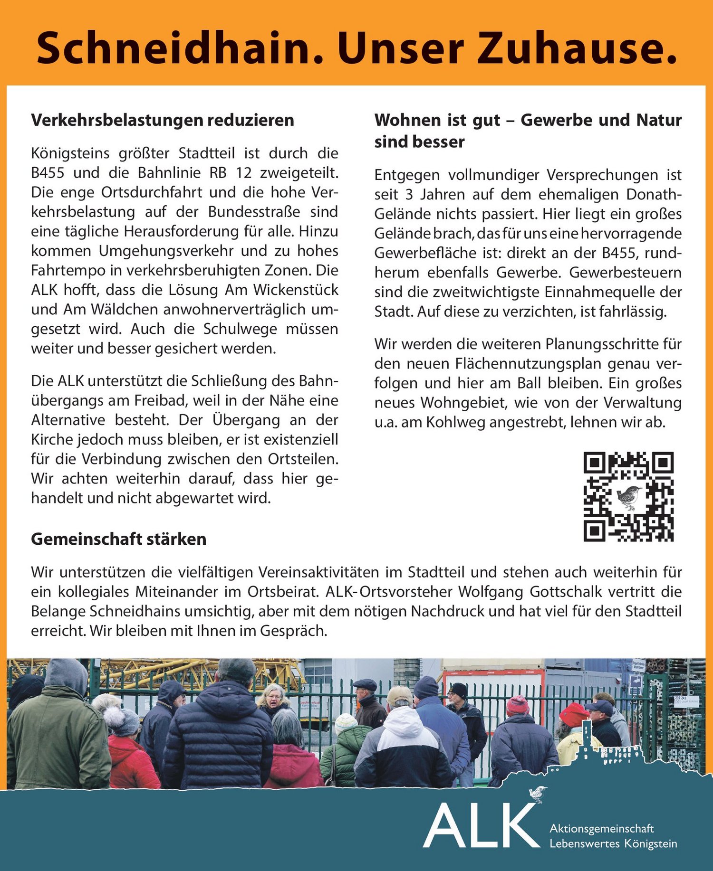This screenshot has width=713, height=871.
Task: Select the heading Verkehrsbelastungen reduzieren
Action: [x=163, y=120]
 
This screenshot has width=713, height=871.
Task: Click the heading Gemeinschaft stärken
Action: [x=119, y=539]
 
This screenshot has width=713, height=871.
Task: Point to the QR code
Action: [x=628, y=496]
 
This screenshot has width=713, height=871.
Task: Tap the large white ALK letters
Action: [x=480, y=826]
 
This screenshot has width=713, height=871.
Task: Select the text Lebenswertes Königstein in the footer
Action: [x=613, y=843]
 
